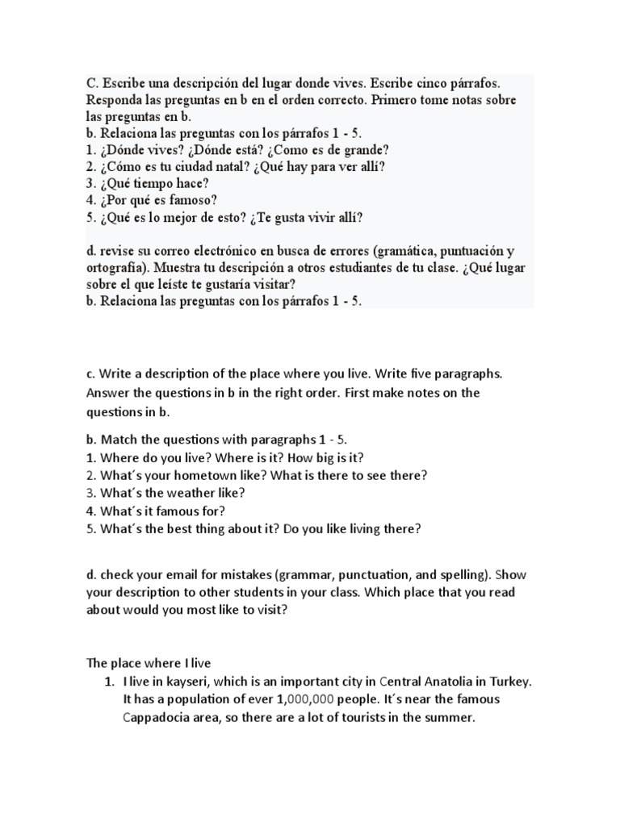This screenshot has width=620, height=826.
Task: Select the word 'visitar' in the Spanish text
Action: click(272, 284)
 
